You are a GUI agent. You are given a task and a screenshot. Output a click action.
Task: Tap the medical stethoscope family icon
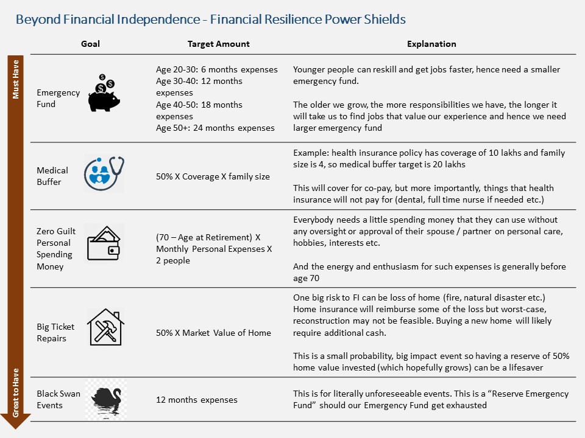[104, 173]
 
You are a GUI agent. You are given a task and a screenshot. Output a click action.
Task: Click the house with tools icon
[105, 327]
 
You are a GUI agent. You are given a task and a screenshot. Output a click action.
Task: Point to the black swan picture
[105, 400]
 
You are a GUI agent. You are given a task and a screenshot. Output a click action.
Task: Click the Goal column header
[90, 44]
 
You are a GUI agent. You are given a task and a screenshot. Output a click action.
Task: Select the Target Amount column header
[218, 44]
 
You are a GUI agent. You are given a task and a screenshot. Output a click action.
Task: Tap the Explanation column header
[431, 44]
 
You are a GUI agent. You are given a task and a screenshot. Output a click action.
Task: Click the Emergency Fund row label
[58, 99]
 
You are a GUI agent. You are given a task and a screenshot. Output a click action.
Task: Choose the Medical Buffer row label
[52, 176]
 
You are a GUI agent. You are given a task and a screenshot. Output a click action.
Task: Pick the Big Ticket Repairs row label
[55, 333]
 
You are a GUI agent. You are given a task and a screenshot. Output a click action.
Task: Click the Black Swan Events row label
[58, 400]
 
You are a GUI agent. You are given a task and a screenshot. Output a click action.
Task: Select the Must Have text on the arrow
[16, 79]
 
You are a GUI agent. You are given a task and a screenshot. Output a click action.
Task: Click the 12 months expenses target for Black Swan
[197, 400]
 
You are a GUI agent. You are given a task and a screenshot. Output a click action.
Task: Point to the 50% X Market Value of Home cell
[213, 333]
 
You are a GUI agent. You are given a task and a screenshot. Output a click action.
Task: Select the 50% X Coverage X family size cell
[213, 176]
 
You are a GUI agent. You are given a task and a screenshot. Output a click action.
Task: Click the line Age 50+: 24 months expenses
[215, 128]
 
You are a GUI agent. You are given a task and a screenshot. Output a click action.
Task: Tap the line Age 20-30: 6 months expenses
[216, 69]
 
